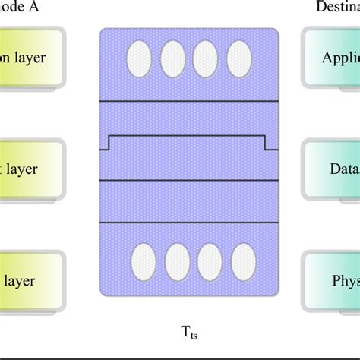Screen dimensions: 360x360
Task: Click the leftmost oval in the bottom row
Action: [144, 262]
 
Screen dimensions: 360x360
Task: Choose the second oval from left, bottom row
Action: [176, 262]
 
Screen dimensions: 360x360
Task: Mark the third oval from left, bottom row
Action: [209, 262]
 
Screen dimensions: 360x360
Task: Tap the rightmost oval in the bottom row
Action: [242, 262]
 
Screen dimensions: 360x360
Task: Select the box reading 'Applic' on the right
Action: [331, 59]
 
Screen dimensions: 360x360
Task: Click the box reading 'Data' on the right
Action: [331, 169]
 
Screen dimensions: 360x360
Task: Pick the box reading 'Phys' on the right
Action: [331, 279]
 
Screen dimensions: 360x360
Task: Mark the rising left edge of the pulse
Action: [109, 144]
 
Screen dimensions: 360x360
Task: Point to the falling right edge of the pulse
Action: [265, 144]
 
